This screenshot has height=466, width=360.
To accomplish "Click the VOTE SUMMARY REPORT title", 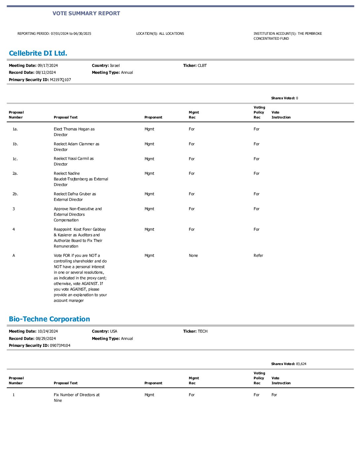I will click(x=86, y=13).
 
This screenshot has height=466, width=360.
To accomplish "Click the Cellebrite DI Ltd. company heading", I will click(x=38, y=53).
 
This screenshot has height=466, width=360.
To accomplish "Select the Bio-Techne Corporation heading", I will click(x=49, y=319).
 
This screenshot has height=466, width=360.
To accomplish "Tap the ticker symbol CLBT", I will click(x=202, y=66).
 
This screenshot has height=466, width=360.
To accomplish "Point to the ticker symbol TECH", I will click(x=202, y=331).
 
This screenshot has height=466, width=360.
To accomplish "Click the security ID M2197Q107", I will click(x=60, y=80).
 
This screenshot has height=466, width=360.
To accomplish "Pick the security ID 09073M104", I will click(x=60, y=346).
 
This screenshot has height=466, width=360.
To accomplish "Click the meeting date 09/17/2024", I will click(x=48, y=66).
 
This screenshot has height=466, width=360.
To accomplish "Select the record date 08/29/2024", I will click(x=46, y=339).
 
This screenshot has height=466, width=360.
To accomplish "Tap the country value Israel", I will click(x=115, y=66).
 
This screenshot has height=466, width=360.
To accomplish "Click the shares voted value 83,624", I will click(x=301, y=364).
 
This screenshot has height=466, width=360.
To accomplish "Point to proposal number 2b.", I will click(x=15, y=194).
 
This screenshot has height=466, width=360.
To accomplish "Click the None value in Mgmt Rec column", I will click(x=193, y=256).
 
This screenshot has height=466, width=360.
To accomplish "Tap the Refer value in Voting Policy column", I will click(x=258, y=256).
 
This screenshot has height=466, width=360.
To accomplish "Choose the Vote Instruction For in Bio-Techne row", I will click(x=274, y=395).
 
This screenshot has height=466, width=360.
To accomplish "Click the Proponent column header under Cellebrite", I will click(x=153, y=117).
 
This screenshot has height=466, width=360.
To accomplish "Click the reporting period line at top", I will click(x=54, y=34).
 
